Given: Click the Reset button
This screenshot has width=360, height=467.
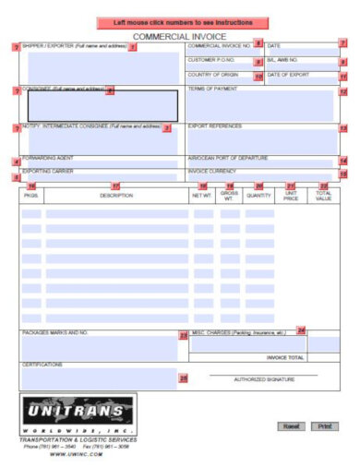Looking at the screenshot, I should tap(291, 426).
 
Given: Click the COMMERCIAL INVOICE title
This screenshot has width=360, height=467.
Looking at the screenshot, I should tap(179, 35).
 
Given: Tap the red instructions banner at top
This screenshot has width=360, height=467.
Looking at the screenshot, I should tap(181, 21).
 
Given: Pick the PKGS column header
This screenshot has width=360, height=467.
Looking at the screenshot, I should tap(30, 196).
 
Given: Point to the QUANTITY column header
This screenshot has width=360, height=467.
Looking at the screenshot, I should tap(259, 196).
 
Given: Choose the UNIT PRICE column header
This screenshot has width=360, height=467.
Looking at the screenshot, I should tap(291, 196).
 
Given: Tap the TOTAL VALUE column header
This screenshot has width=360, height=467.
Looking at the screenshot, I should tap(323, 196).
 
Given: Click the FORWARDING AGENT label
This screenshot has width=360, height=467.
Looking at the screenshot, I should tap(47, 159).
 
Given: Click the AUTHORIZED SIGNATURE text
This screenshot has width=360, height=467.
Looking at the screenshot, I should tap(264, 379).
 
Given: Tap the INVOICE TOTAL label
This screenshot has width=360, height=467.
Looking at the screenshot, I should tap(284, 357).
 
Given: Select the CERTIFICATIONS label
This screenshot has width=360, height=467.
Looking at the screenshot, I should tap(42, 365).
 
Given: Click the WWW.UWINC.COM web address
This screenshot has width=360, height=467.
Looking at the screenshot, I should tap(76, 454).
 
